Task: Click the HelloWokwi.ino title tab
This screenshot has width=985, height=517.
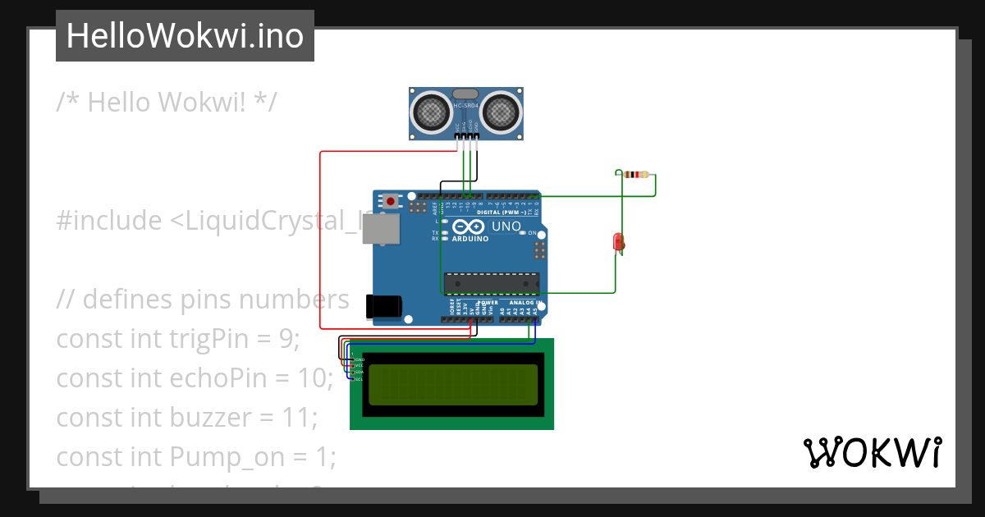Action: (185, 36)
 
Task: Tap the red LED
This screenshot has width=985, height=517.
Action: (619, 242)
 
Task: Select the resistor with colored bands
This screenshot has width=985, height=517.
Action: (635, 174)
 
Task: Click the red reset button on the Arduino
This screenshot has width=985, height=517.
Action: (391, 200)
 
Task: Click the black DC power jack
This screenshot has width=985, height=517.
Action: (383, 305)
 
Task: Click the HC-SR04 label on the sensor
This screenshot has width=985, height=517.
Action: (465, 106)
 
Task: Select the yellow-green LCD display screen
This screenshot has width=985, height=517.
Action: (453, 385)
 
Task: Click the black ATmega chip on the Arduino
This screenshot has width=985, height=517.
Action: (491, 283)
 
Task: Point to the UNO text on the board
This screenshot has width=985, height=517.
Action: (506, 226)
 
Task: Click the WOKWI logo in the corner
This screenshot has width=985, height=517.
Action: (872, 453)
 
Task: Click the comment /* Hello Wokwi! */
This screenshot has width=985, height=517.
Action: (167, 103)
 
